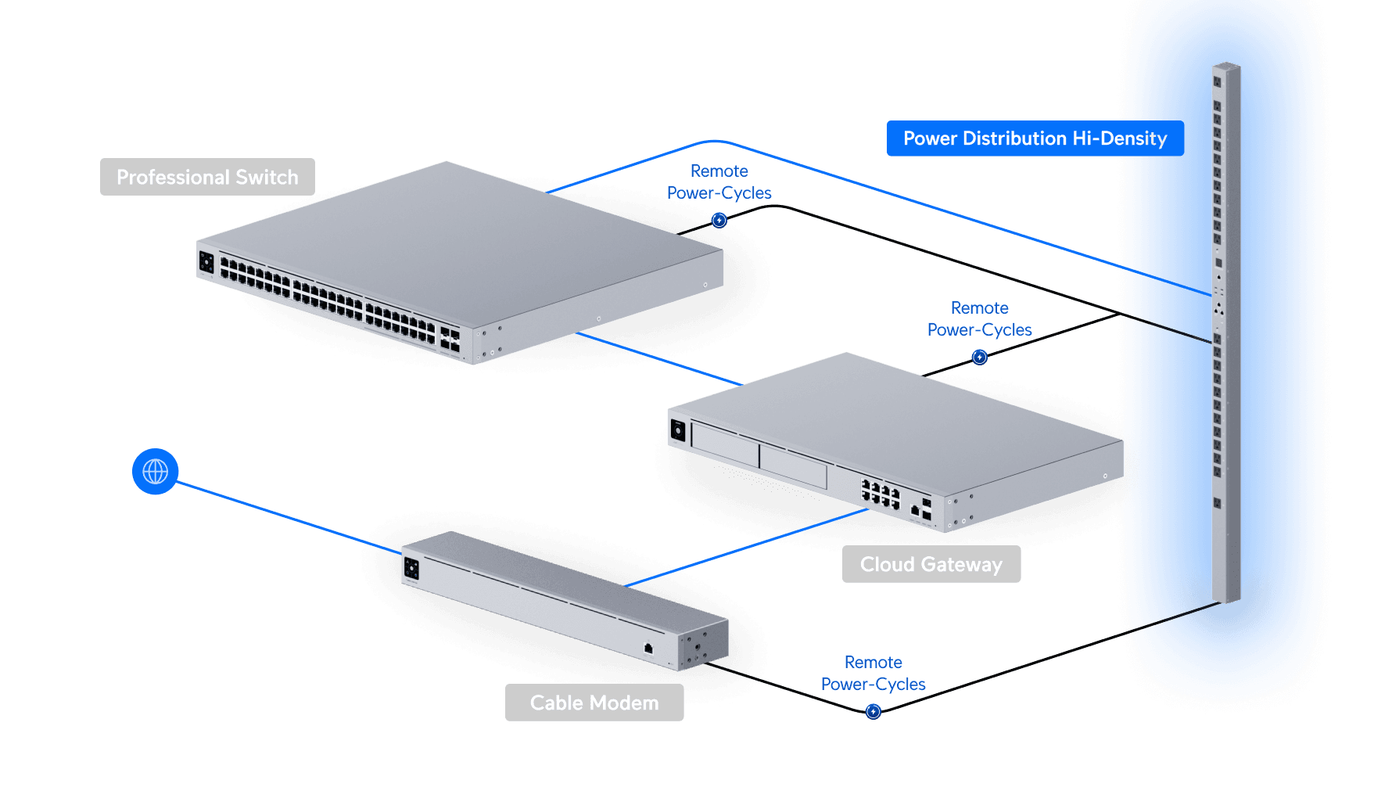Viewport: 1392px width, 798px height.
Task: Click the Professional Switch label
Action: coord(207,177)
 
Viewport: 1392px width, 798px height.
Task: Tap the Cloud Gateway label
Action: coord(931,564)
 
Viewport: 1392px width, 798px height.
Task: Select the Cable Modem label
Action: coord(594,703)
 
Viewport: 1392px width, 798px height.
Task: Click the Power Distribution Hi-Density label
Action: coord(1035,138)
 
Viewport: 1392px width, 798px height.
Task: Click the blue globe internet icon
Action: coord(156,472)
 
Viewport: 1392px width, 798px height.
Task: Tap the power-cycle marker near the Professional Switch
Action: coord(719,221)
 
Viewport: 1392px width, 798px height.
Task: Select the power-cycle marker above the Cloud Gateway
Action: coord(980,358)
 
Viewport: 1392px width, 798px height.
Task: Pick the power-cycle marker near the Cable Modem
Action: coord(874,711)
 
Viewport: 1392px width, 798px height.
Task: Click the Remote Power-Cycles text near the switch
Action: coord(719,182)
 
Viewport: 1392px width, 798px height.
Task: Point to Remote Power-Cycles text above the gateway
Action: coord(980,319)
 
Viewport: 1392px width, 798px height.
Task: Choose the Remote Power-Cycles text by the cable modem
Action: coord(874,673)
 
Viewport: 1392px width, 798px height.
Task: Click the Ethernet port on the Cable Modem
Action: coord(648,648)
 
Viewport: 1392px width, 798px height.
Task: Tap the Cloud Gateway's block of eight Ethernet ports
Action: coord(881,494)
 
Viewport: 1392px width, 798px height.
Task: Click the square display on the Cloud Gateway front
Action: coord(678,430)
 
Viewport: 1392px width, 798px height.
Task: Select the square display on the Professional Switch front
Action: coord(206,262)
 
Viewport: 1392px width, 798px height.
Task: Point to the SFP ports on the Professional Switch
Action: coord(450,339)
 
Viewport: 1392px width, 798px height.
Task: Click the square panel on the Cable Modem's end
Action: coord(411,569)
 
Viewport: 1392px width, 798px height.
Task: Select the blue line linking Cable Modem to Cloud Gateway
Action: coord(747,548)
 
